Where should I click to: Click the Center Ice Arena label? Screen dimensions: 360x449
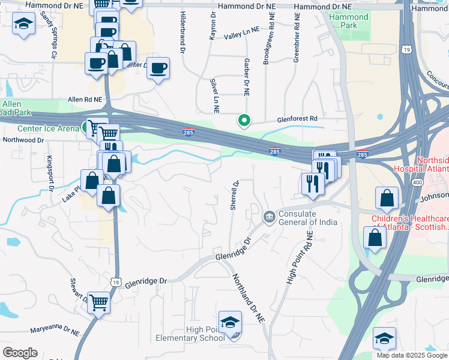coord(48,128)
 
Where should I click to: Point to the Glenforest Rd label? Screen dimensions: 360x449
coord(297,119)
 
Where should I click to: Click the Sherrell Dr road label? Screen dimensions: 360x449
coord(235,194)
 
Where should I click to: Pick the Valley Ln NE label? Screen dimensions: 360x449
coord(242,36)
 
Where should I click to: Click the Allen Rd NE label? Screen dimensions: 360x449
coord(85,99)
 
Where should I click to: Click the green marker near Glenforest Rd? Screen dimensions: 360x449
coord(244,121)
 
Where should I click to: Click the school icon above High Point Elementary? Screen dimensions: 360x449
coord(230,322)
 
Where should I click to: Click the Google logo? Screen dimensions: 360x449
coord(20,353)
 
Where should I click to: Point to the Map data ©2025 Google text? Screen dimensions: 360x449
coord(411,355)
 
